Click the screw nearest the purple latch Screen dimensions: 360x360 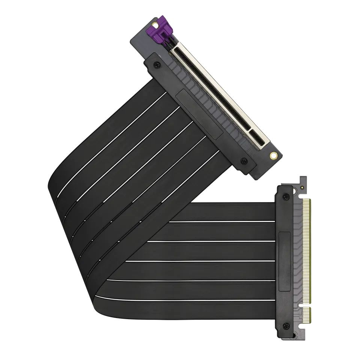157,64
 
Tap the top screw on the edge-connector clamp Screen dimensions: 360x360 286,196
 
